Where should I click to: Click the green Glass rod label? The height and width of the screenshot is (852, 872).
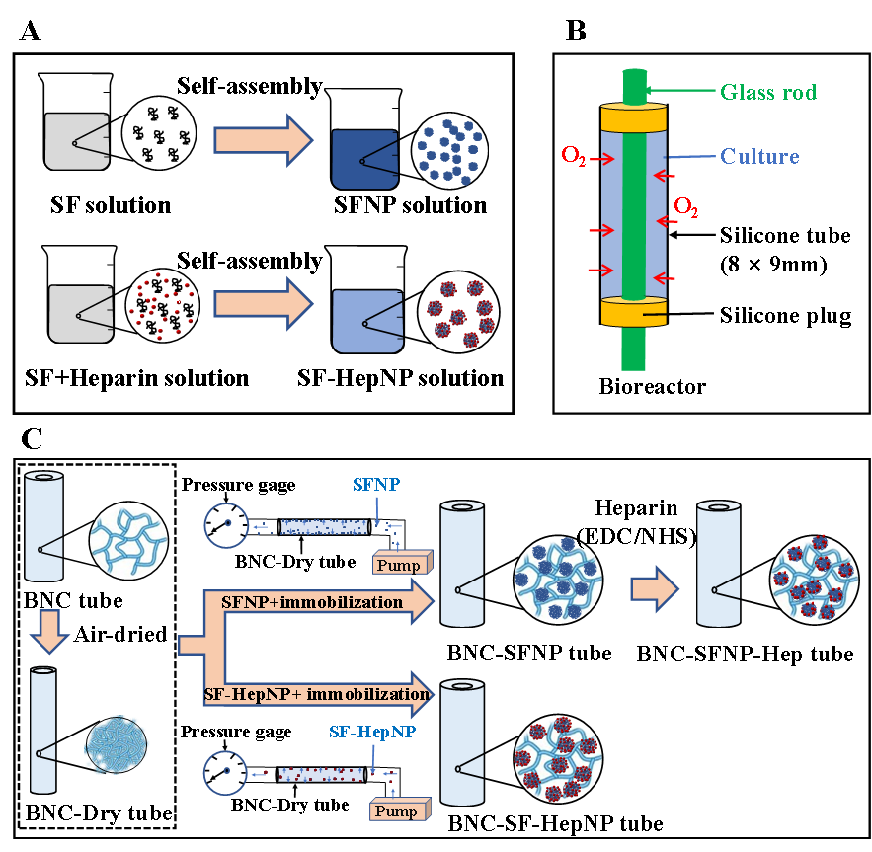pos(768,93)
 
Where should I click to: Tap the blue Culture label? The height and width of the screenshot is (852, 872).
pos(759,156)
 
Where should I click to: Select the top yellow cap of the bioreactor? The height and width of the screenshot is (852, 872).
pos(633,118)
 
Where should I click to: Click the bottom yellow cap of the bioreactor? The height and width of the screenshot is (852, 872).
pos(633,312)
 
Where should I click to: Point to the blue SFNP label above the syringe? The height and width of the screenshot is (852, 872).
pos(376,485)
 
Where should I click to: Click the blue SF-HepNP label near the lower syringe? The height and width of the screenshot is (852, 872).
pos(371,734)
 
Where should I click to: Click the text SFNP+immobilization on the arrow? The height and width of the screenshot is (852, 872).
pos(312,601)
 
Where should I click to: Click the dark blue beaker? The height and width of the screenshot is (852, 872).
pos(364,159)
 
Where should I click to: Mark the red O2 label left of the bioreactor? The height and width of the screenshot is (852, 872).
pos(573,155)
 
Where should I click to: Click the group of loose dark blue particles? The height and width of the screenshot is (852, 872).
pos(450,150)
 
